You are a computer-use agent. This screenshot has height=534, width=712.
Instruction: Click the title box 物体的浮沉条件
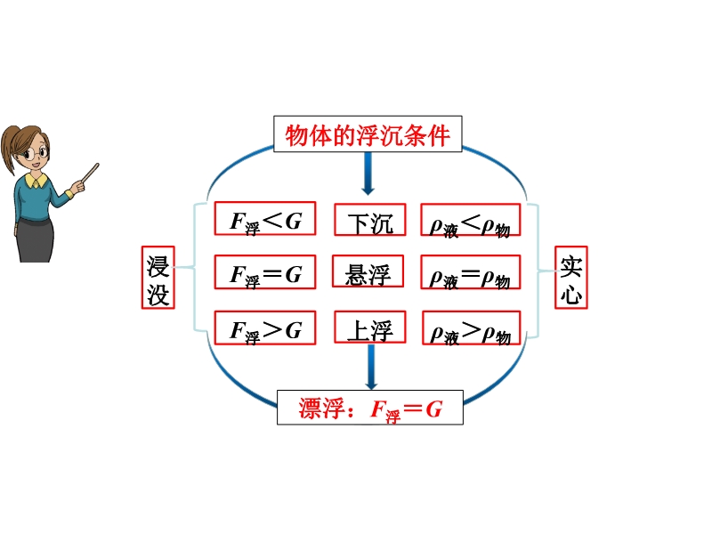(368, 134)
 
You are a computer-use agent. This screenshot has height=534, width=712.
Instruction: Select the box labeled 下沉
(370, 220)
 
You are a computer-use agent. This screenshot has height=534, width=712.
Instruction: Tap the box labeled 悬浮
(368, 271)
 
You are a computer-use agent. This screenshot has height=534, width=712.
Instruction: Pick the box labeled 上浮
(370, 327)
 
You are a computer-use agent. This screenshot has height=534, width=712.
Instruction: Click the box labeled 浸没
(158, 278)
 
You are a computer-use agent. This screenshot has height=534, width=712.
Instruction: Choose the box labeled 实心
(571, 278)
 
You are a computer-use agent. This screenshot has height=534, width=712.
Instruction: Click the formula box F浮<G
(265, 218)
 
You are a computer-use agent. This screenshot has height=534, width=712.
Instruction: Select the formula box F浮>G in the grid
(265, 328)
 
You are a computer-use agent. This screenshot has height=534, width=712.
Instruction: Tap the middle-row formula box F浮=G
(265, 272)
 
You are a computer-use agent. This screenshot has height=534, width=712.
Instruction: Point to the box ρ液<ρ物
(471, 220)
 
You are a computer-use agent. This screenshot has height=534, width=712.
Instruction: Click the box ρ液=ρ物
(471, 272)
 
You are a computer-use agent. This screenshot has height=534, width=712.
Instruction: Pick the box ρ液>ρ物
(472, 328)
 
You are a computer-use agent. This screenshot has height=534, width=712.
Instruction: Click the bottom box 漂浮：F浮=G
(370, 408)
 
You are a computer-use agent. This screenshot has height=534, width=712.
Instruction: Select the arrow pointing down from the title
(368, 174)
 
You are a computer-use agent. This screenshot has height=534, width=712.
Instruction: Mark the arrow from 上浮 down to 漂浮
(371, 367)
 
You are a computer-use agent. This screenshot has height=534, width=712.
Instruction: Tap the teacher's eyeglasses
(36, 153)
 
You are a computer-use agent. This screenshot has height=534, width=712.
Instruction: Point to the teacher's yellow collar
(36, 181)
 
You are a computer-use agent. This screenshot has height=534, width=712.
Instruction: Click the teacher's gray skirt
(35, 240)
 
